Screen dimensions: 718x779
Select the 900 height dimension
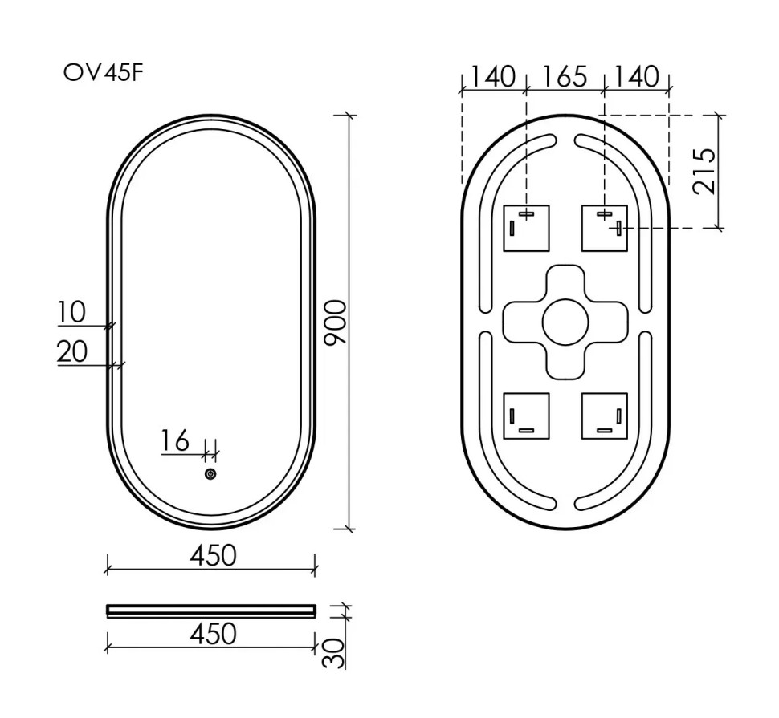(x=335, y=322)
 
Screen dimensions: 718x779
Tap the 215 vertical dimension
(x=704, y=170)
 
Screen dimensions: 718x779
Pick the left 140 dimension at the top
(x=492, y=77)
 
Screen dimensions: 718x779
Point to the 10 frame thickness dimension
(x=71, y=312)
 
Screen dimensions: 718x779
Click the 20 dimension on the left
(x=72, y=351)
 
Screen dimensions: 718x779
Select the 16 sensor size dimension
(x=175, y=440)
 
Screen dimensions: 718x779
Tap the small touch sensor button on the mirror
(x=210, y=474)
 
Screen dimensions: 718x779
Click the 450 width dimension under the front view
(x=213, y=554)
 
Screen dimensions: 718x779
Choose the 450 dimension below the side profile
(x=213, y=634)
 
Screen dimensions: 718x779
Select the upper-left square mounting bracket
(x=526, y=228)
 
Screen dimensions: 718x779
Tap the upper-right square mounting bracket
(x=604, y=228)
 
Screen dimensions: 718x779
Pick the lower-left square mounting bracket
(x=526, y=416)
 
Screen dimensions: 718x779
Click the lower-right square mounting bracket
(x=604, y=416)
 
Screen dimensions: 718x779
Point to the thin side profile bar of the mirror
(x=211, y=611)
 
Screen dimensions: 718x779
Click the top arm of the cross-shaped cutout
(x=565, y=281)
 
